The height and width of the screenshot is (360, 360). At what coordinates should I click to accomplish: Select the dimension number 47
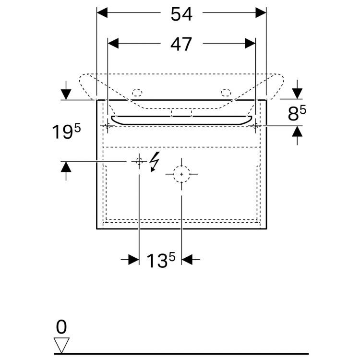point(181,44)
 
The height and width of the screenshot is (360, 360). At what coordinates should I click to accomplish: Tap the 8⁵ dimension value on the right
point(297,114)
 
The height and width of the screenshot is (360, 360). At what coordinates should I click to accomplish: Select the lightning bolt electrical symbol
point(155,161)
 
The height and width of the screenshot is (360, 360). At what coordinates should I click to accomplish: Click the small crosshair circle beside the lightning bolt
point(139,161)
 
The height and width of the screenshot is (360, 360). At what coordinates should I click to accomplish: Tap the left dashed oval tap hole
point(138,92)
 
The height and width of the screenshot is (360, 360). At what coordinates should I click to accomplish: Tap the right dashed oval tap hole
point(226,92)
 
